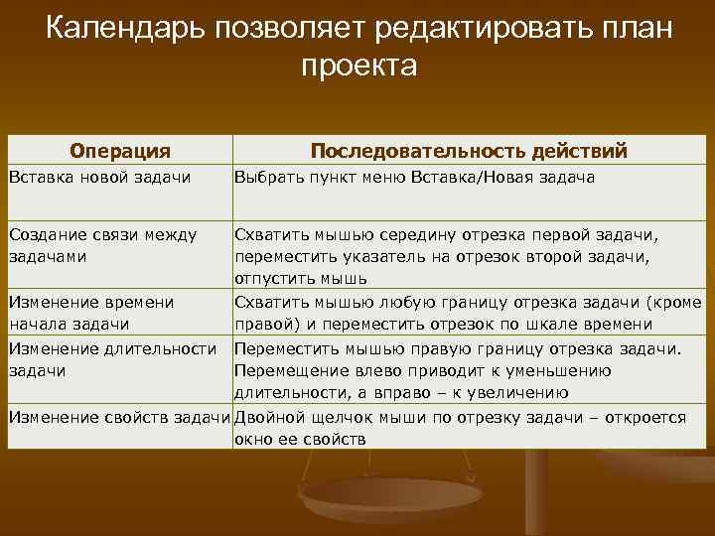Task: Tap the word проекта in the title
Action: [x=358, y=67]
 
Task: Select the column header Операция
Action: [x=120, y=151]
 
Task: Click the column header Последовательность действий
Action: [x=469, y=151]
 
